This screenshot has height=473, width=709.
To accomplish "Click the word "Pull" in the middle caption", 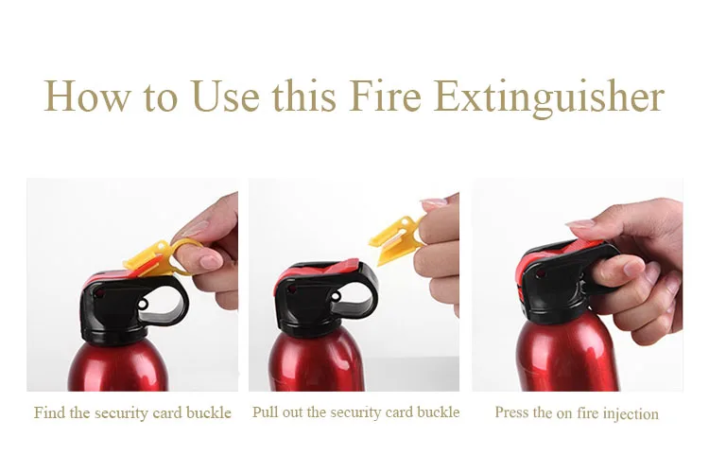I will (267, 412).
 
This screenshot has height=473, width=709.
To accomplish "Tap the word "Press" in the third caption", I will (512, 413).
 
